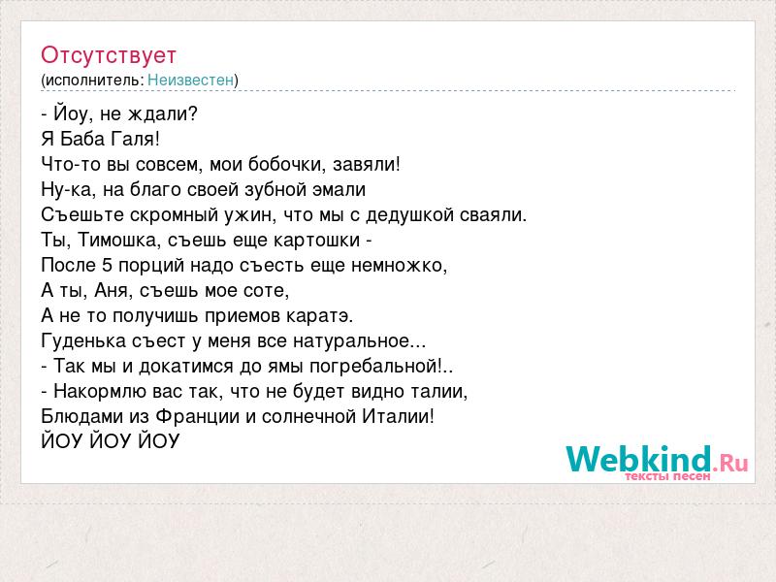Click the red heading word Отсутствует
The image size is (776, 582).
click(109, 55)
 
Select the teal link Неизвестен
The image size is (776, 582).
click(190, 80)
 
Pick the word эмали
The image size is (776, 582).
click(341, 189)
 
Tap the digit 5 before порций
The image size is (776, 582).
click(108, 265)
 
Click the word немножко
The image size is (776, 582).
click(399, 266)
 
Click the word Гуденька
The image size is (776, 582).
click(83, 341)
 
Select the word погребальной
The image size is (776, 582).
click(380, 367)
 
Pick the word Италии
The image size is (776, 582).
click(399, 416)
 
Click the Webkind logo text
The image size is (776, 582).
click(639, 459)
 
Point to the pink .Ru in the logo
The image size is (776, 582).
click(730, 464)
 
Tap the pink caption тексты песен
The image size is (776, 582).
click(667, 476)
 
